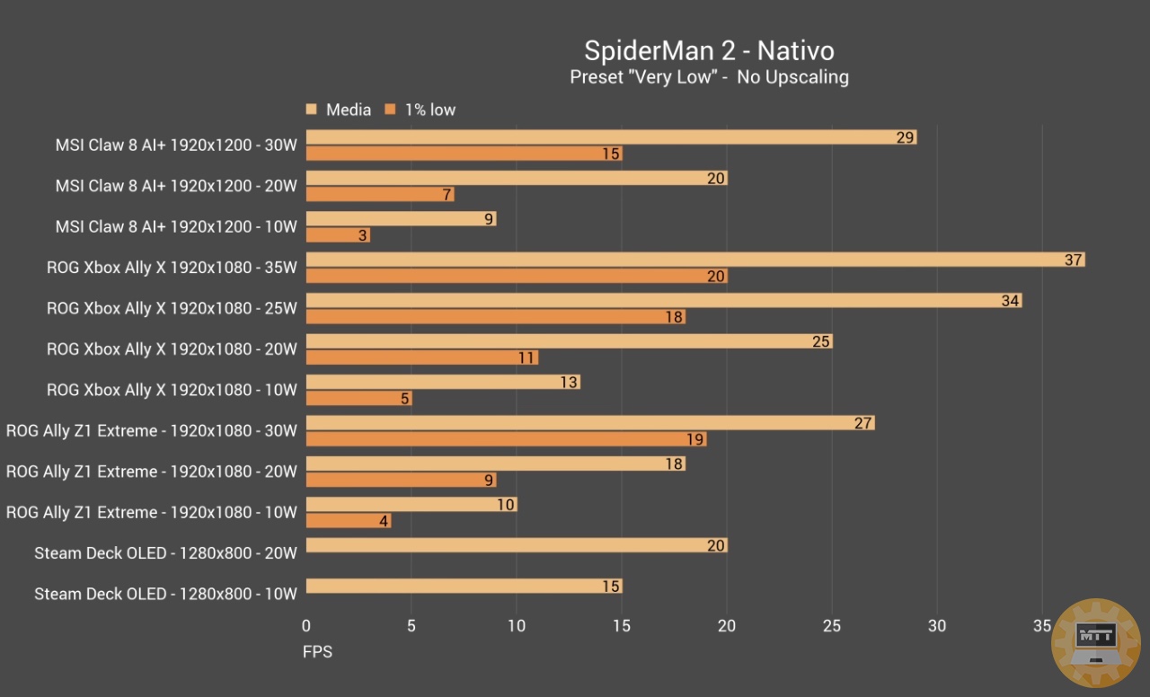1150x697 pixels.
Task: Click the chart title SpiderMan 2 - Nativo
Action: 709,50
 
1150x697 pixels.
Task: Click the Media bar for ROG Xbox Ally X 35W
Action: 694,260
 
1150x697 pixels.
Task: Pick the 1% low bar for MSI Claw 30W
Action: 464,154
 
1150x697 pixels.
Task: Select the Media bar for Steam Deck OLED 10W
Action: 464,587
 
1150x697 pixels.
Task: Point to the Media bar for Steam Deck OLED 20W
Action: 516,545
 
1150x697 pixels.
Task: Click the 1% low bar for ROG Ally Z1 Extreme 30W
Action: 506,439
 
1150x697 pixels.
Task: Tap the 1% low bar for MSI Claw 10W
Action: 338,235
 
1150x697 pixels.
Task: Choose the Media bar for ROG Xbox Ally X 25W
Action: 663,301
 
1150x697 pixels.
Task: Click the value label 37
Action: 1074,260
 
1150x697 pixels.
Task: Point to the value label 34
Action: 1010,301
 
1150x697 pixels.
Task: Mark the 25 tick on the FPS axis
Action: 832,626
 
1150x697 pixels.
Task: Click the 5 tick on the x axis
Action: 411,626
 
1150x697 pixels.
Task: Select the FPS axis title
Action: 317,651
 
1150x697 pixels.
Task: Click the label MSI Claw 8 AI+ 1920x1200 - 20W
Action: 175,186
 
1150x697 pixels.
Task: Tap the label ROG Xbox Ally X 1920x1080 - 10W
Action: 171,390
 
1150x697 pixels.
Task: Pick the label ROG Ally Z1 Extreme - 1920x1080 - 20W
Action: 151,472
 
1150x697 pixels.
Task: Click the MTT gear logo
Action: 1095,644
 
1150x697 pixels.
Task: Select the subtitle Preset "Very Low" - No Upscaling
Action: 709,77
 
